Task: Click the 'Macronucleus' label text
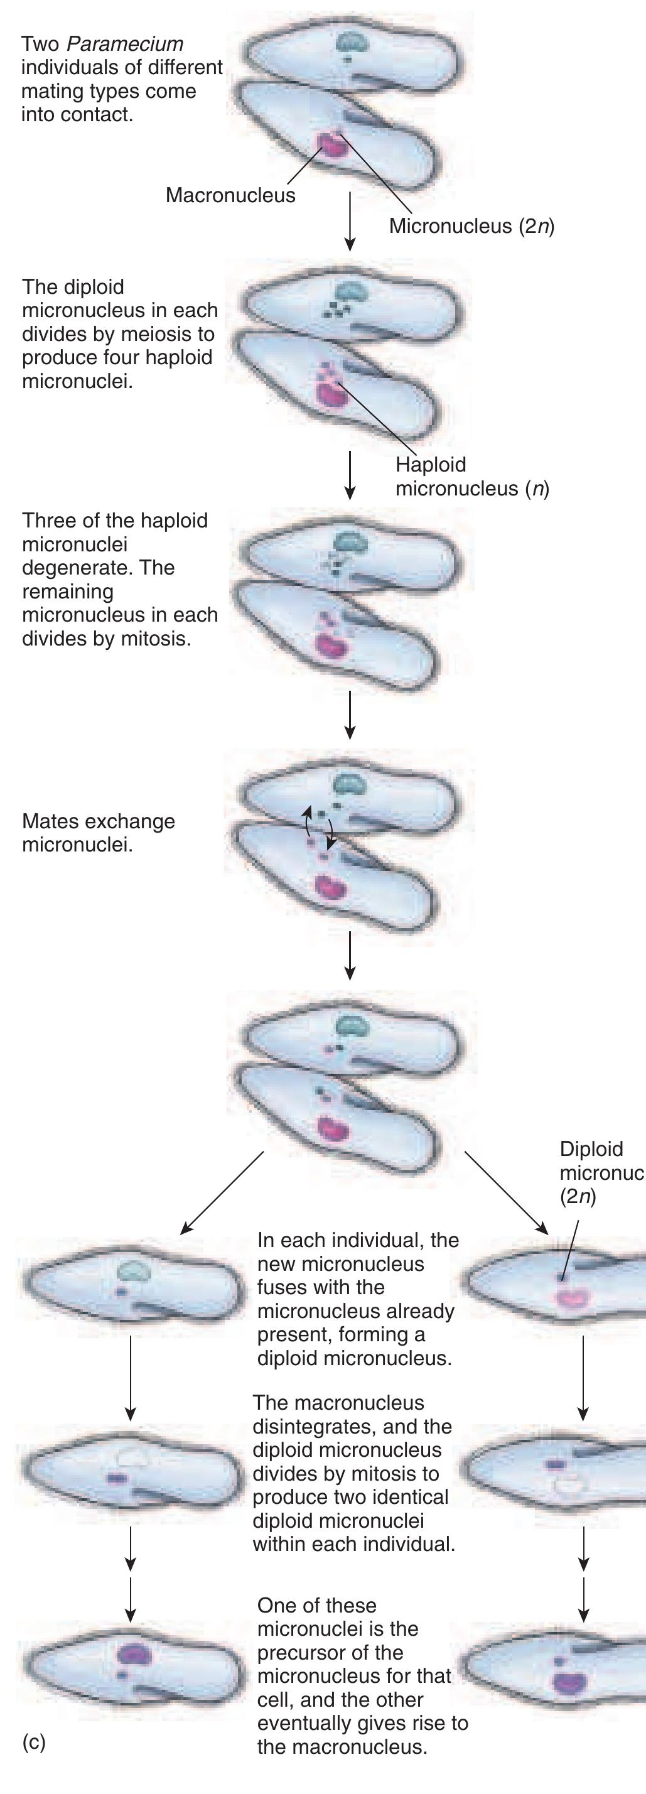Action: click(x=230, y=195)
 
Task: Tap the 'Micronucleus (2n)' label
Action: click(x=472, y=226)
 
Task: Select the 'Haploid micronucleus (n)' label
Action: click(x=473, y=477)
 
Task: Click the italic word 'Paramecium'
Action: click(x=126, y=44)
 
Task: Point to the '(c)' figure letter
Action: click(x=33, y=1742)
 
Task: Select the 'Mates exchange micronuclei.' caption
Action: click(x=98, y=833)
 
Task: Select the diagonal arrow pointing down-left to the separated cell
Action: click(x=222, y=1192)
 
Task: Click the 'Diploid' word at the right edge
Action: click(x=591, y=1149)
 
